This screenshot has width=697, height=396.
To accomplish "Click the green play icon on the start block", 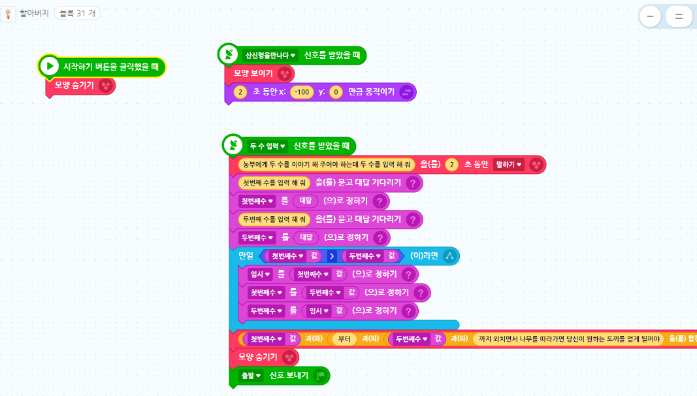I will (x=50, y=66).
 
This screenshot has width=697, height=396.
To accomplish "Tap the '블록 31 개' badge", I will (x=77, y=13).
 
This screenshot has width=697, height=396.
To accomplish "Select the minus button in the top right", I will (x=650, y=17).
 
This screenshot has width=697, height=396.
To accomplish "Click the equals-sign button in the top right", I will (x=679, y=17).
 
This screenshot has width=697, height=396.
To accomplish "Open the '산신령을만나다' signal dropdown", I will (x=270, y=56).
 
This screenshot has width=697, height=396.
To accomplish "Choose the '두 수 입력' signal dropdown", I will (x=268, y=146).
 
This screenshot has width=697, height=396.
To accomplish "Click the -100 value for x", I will (x=302, y=92).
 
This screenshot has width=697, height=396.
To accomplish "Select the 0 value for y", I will (x=336, y=92).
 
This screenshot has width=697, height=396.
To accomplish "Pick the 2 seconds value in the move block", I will (x=240, y=92).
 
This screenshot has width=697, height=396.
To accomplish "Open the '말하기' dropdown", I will (x=510, y=165).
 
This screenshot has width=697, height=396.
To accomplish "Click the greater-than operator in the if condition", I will (x=332, y=256).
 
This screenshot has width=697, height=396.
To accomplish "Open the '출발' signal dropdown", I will (x=251, y=375).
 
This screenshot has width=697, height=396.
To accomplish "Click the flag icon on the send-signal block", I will (x=320, y=375).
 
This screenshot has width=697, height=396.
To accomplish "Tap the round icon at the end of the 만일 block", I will (x=450, y=256).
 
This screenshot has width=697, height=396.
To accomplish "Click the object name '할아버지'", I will (x=35, y=13).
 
